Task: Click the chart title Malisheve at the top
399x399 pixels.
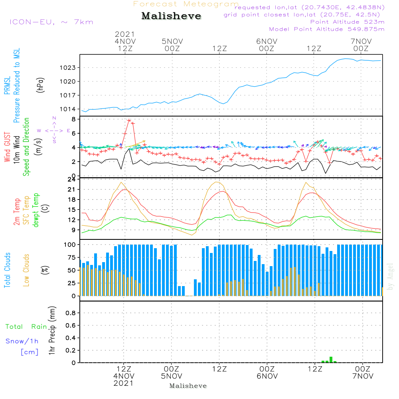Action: pos(171,16)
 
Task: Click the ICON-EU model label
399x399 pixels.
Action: pos(51,22)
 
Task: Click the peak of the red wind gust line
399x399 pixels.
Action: pos(129,120)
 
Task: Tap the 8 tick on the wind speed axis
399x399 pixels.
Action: pos(73,119)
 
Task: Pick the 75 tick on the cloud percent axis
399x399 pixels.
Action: pos(71,257)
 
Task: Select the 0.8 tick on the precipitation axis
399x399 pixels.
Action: pos(71,313)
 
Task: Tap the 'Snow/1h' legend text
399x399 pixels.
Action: pos(22,342)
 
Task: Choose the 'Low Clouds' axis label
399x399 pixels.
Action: pos(27,270)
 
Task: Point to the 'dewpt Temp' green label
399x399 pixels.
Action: pos(36,210)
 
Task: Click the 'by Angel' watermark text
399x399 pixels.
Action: pos(390,276)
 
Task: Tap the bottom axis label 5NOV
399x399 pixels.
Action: pos(172,376)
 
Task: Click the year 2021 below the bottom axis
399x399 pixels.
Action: pos(124,383)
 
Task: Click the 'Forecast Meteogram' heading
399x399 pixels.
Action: pos(186,4)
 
